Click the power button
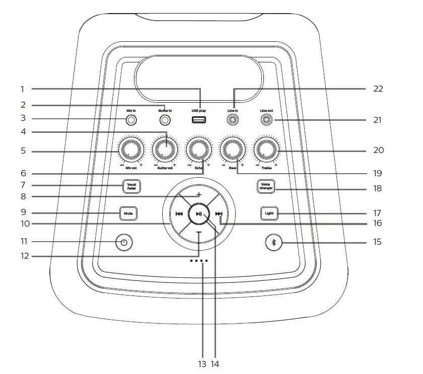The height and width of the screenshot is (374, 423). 124,243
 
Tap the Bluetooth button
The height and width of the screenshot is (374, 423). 273,242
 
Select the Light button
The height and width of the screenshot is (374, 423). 269,213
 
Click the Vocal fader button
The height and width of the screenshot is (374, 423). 131,187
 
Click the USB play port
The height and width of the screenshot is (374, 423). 199,120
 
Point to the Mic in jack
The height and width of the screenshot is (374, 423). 131,120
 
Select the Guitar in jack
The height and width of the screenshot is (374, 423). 165,120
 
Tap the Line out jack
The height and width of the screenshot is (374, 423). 267,120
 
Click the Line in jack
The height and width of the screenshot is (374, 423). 233,120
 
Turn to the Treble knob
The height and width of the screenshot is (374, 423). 266,149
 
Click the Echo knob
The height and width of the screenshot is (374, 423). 198,149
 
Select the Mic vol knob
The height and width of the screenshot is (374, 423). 131,149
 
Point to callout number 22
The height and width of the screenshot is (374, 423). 378,89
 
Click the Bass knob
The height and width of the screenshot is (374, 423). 233,149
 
